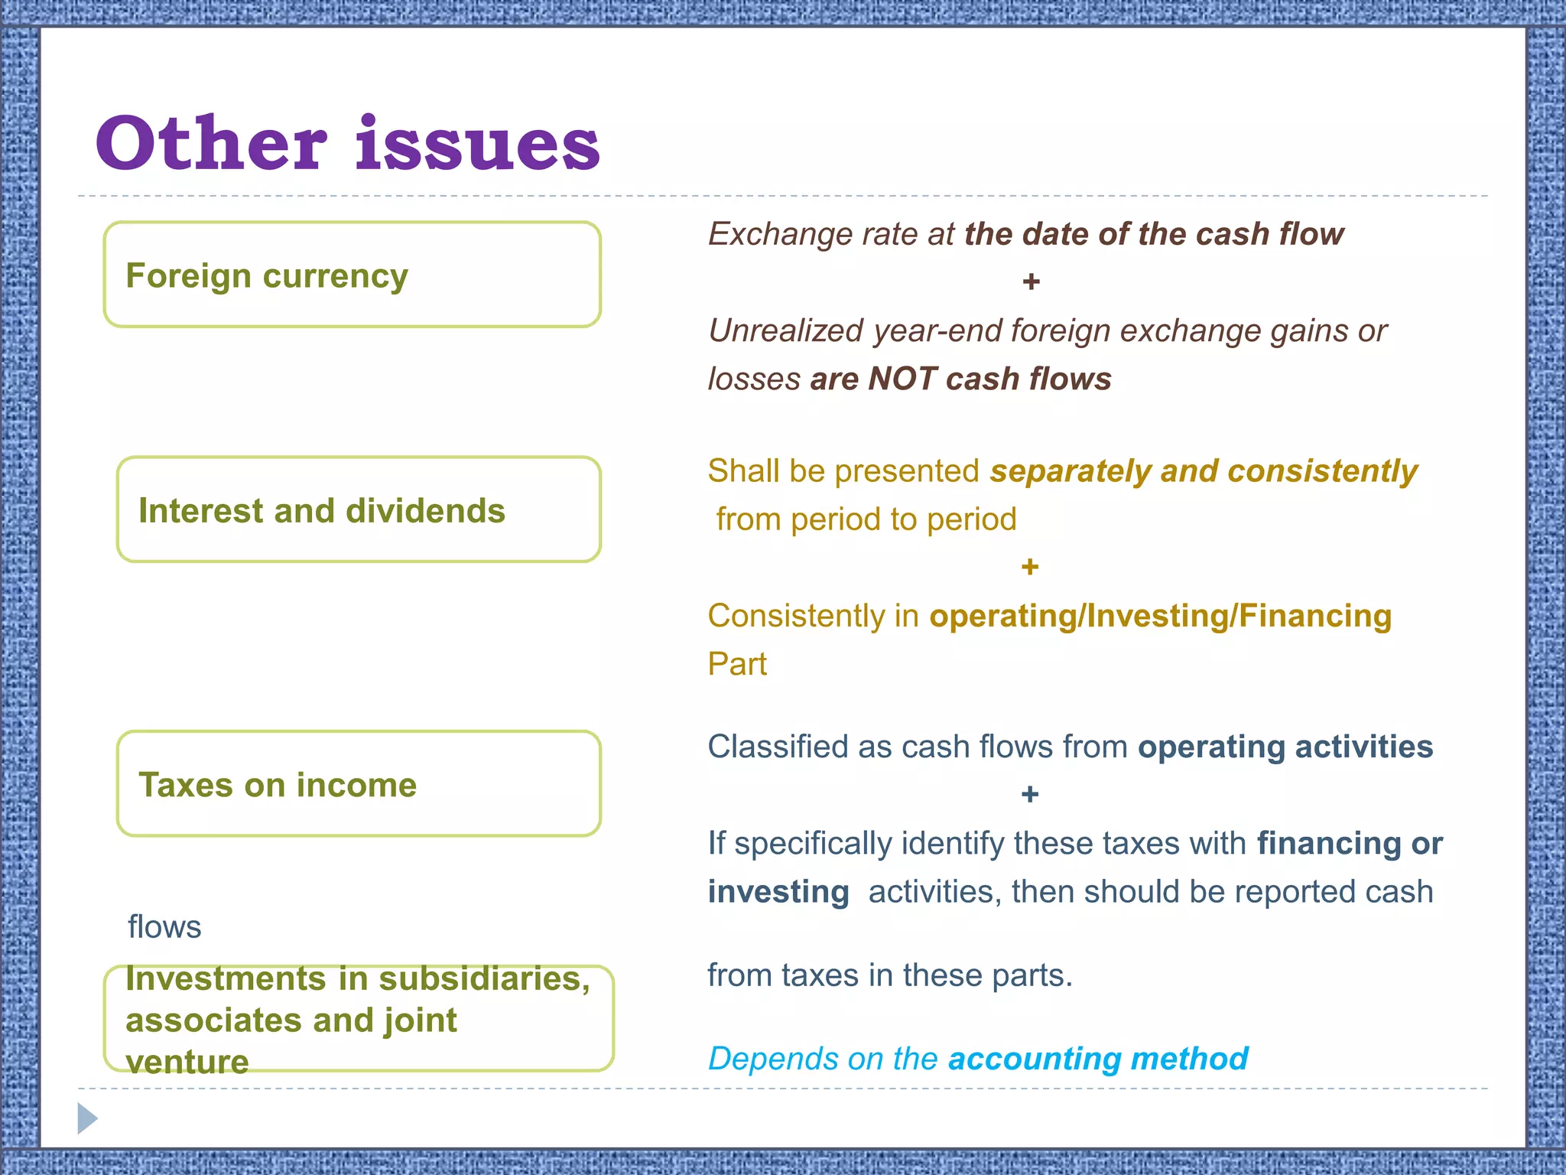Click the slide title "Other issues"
[348, 144]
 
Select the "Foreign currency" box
[352, 275]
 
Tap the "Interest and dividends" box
[359, 510]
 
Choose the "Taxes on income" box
[359, 784]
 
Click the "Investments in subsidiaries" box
[359, 1019]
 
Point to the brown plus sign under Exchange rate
[1031, 282]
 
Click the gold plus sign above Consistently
[1030, 567]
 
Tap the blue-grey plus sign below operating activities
[1030, 795]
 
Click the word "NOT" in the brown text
[902, 379]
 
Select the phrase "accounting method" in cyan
[1098, 1059]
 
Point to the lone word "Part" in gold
[737, 664]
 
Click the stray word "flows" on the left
[164, 927]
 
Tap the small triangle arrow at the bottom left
[87, 1119]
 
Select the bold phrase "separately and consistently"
[1204, 471]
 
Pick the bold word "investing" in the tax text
[778, 892]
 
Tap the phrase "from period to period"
[866, 519]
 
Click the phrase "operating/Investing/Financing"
[1160, 616]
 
